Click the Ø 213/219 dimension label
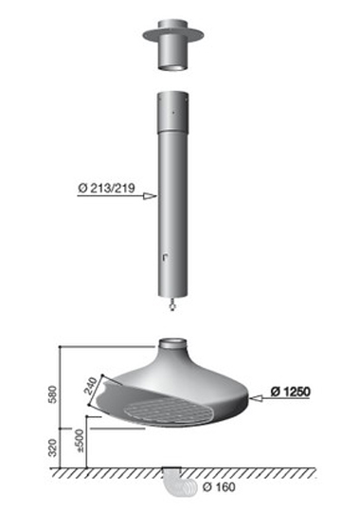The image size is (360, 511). click(x=106, y=188)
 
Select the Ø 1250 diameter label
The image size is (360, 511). click(x=290, y=392)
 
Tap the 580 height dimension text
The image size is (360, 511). click(x=53, y=393)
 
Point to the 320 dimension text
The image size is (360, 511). click(x=53, y=447)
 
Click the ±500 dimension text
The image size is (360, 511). click(x=80, y=440)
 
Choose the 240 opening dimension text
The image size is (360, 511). click(x=91, y=386)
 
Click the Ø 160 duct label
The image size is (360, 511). click(x=219, y=487)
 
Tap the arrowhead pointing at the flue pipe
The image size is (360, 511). click(x=151, y=196)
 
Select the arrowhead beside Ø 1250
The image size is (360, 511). click(x=256, y=398)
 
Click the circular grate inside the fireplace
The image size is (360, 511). click(x=168, y=411)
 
